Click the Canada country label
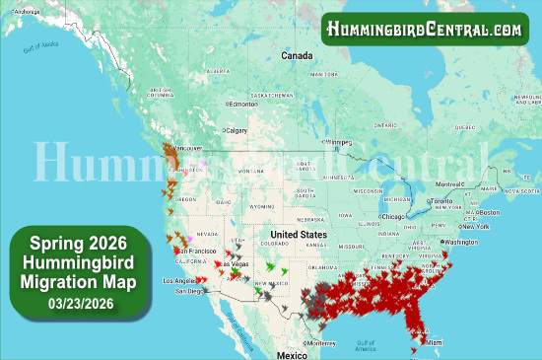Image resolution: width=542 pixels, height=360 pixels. pos(297,56)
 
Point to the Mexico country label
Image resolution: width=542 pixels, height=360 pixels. pos(292,353)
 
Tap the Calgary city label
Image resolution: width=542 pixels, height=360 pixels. pos(237,130)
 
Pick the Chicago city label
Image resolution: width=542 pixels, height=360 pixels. pos(393,215)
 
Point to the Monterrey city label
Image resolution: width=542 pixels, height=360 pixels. pos(320,342)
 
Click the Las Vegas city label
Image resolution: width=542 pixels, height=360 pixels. pos(234,264)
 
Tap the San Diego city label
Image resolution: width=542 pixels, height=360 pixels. pos(191,291)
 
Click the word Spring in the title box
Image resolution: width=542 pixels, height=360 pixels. pos(58,242)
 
